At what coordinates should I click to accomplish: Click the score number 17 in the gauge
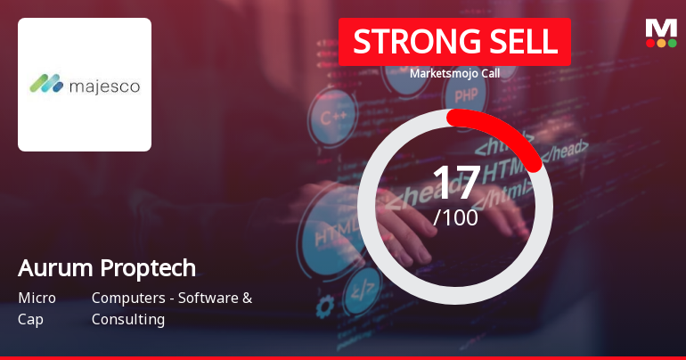[x=455, y=184]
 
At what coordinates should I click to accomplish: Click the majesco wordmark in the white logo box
[x=103, y=86]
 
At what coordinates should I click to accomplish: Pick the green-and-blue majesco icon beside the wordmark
[x=45, y=85]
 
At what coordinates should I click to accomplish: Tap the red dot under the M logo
[x=649, y=42]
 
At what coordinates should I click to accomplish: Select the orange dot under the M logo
[x=660, y=42]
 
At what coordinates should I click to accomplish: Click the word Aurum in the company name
[x=49, y=268]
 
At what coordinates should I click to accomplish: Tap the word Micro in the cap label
[x=37, y=298]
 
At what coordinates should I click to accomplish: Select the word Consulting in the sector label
[x=128, y=319]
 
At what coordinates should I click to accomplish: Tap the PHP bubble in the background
[x=465, y=94]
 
